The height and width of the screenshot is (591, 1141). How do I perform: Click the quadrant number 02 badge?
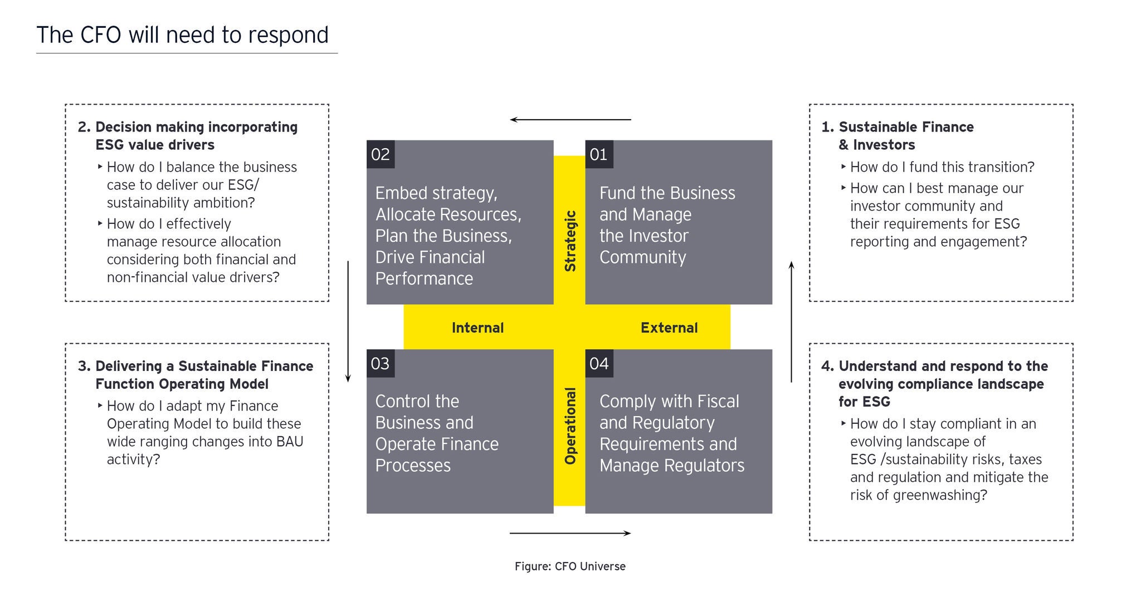(381, 154)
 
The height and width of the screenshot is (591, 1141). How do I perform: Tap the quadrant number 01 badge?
(599, 154)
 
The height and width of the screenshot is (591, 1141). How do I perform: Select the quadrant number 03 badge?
(381, 364)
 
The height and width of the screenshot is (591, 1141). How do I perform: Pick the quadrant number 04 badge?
(599, 364)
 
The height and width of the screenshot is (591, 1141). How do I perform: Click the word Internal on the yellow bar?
(477, 328)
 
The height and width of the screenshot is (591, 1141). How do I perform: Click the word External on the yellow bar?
(669, 328)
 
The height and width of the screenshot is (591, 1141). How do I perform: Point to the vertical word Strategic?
(570, 241)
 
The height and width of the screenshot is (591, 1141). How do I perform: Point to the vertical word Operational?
(570, 426)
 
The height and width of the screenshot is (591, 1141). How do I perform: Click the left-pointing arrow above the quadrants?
(570, 120)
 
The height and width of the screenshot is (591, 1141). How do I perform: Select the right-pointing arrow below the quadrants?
(570, 533)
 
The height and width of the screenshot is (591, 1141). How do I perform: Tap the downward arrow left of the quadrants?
(348, 321)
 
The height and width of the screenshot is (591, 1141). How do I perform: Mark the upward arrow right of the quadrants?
(791, 321)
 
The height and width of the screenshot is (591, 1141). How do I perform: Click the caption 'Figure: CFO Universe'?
(570, 566)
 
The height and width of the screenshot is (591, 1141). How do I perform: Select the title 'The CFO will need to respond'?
(183, 35)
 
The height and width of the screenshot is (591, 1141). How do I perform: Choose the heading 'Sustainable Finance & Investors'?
(906, 136)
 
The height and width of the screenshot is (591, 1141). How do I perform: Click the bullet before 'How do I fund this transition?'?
(844, 166)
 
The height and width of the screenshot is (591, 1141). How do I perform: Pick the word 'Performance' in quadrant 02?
(424, 279)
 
